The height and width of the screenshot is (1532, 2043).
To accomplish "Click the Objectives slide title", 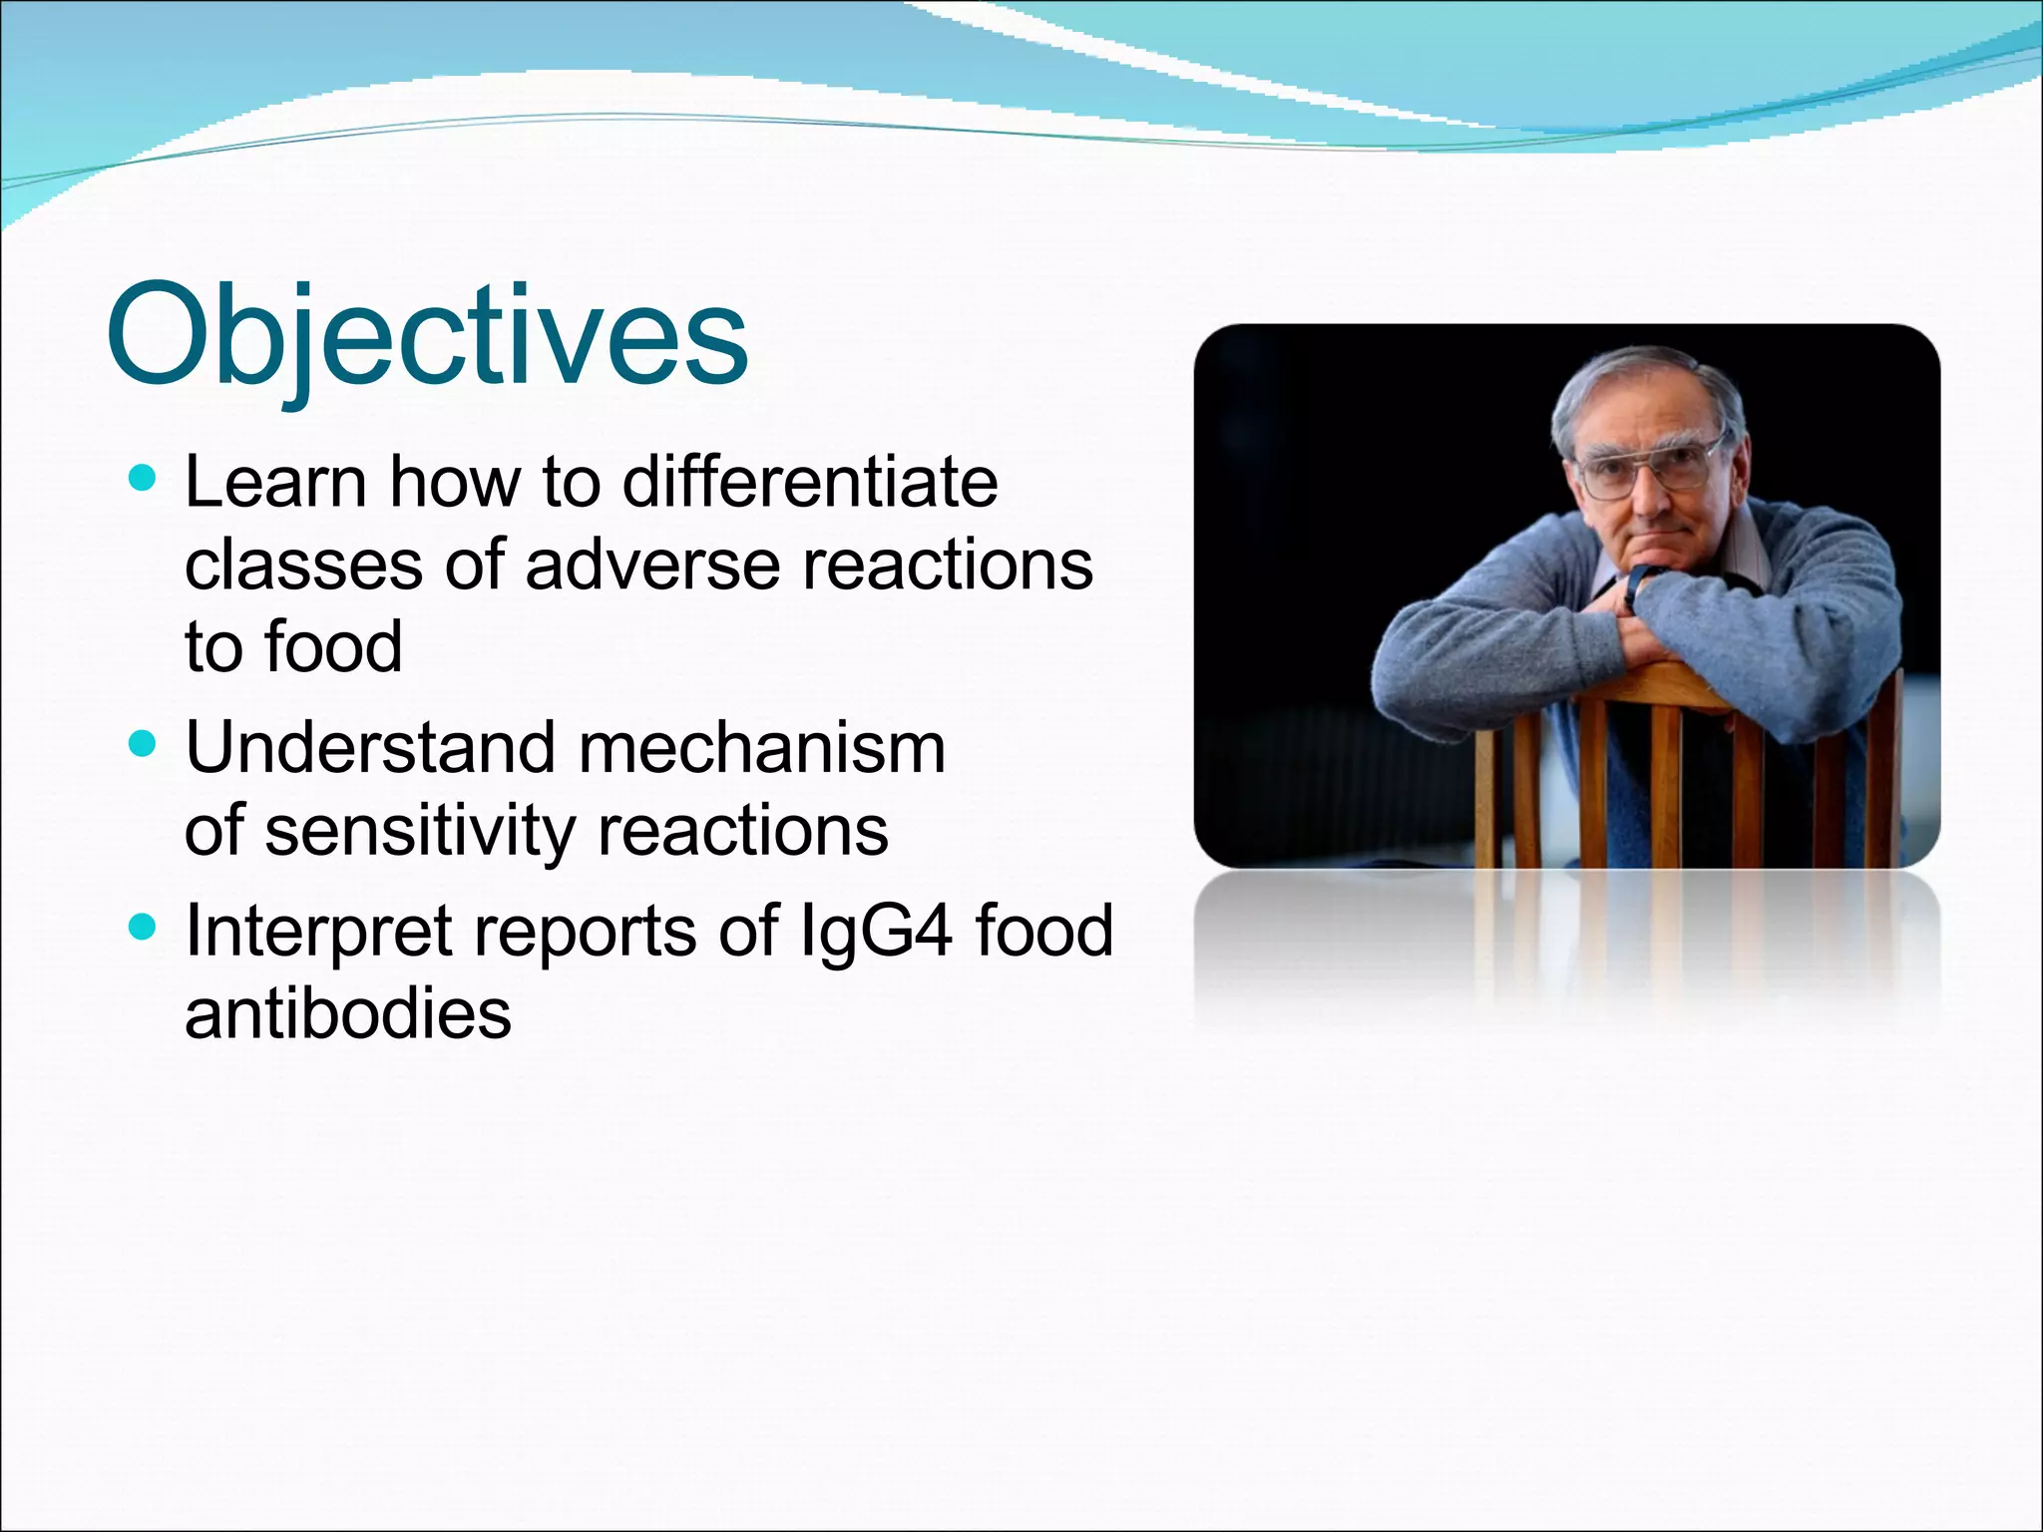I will pyautogui.click(x=427, y=337).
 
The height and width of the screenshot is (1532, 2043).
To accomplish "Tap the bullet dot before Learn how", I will pyautogui.click(x=144, y=480).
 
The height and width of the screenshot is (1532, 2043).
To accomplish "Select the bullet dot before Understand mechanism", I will pyautogui.click(x=144, y=744).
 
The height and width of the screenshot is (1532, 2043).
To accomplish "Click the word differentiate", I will pyautogui.click(x=810, y=482).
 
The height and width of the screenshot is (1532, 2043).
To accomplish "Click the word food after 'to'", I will pyautogui.click(x=333, y=646).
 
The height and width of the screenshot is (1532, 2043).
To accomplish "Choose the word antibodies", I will pyautogui.click(x=348, y=1013).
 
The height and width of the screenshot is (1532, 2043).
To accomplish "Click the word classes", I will pyautogui.click(x=304, y=565).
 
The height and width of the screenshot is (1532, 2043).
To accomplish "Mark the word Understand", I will pyautogui.click(x=370, y=748).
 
